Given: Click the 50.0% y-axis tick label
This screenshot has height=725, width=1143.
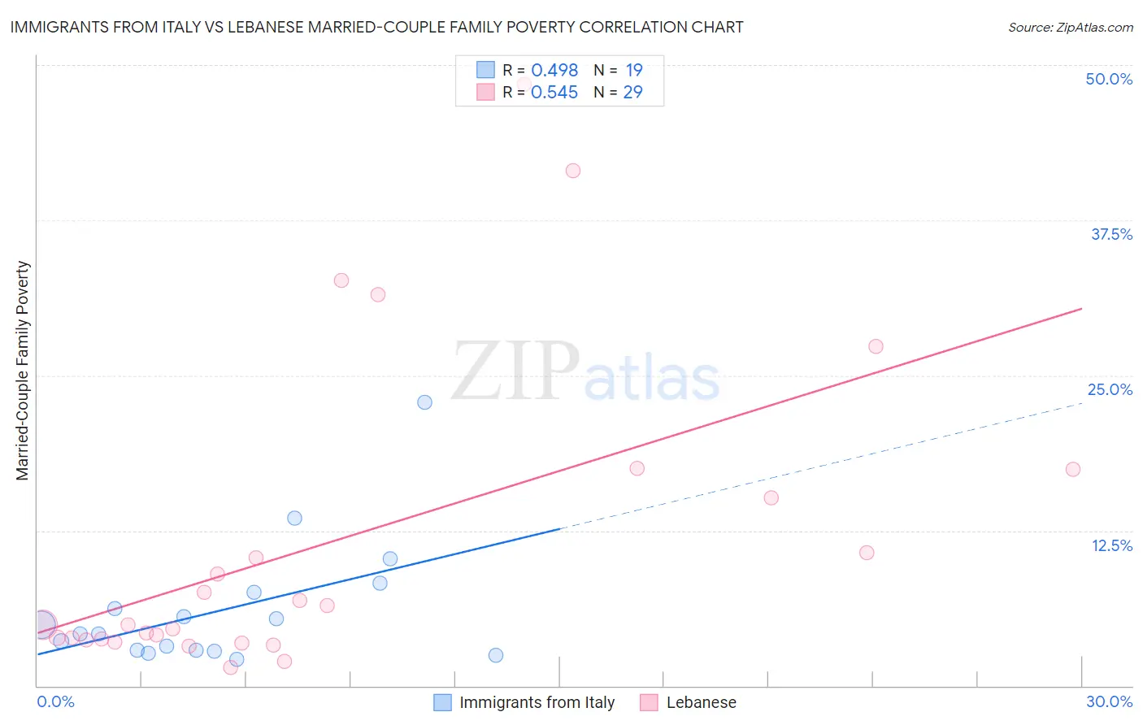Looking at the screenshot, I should pos(1109,79).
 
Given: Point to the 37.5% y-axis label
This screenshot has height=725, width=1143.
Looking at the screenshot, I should pos(1111,234).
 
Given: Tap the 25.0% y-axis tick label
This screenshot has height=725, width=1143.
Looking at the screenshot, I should pos(1110,389).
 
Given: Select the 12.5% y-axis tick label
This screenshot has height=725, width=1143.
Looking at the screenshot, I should pos(1111,545).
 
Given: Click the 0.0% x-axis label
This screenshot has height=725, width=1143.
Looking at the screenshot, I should pos(55,701).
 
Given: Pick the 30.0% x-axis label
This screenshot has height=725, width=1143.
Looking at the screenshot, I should pos(1109,701).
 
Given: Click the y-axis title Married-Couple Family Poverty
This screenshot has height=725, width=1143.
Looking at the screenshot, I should pos(23,371).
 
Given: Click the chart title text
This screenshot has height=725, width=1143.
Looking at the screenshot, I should pos(376,27).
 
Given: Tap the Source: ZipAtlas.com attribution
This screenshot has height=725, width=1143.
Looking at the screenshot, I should pos(1070,27).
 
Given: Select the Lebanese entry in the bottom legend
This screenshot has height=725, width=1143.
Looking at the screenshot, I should pos(701,702).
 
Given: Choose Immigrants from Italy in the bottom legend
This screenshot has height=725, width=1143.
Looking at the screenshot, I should pos(537,702).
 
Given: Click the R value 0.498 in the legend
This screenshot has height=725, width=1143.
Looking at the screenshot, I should pos(554,70).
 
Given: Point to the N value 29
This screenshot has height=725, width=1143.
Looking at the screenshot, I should pos(632,92).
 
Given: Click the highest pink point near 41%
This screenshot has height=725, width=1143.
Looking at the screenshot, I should pos(573,171).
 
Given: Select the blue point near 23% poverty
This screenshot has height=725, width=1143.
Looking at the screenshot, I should pos(424,402).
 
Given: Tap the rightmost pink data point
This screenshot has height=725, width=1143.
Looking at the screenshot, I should pos(1073,469).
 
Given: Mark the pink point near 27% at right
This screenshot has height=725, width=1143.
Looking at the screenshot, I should pos(876,346).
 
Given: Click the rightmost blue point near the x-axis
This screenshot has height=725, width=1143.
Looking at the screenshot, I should pos(496,655).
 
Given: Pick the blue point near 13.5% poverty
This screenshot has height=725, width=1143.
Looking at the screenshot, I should pos(295,518).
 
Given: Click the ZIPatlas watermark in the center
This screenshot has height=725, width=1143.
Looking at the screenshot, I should pos(585,371).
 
